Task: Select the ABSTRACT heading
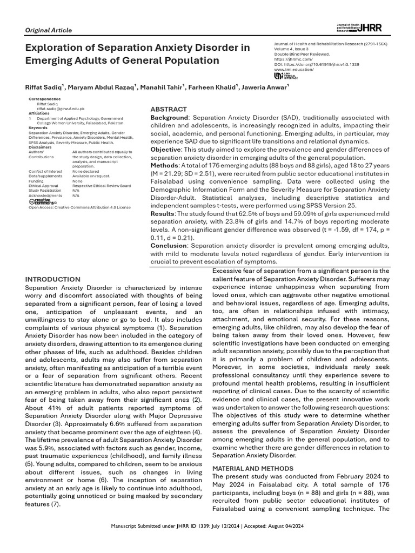(169, 109)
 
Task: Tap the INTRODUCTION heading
(53, 279)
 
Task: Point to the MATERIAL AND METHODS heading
(253, 468)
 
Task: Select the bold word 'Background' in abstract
(169, 118)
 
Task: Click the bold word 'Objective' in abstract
(165, 149)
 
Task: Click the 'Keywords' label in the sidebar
(38, 127)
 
